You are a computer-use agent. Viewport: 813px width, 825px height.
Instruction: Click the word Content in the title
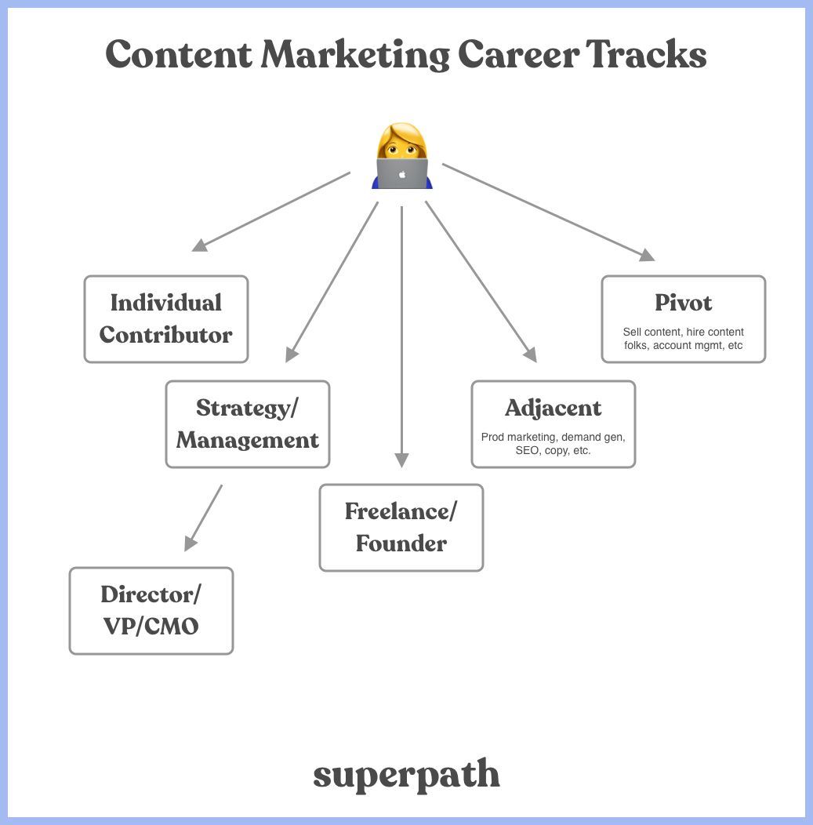(x=179, y=54)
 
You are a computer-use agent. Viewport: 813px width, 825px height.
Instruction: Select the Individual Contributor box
(x=166, y=319)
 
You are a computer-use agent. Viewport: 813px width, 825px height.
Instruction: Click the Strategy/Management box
(x=248, y=424)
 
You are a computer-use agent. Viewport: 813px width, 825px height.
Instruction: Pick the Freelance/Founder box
(x=401, y=528)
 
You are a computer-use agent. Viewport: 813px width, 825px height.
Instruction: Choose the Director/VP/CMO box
(x=151, y=611)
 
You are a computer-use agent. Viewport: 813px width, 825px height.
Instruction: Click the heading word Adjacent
(x=553, y=409)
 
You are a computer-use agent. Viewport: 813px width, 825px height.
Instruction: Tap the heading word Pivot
(x=683, y=303)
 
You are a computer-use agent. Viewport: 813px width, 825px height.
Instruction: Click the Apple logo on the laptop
(x=402, y=174)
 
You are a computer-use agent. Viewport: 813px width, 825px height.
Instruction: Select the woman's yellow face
(x=402, y=147)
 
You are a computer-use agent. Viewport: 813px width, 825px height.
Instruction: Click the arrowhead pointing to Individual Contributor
(x=201, y=245)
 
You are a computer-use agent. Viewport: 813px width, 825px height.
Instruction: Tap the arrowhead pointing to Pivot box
(x=647, y=255)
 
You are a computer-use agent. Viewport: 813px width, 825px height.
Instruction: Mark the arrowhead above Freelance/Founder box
(x=401, y=460)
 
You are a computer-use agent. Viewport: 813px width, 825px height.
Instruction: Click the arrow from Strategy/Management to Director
(x=203, y=518)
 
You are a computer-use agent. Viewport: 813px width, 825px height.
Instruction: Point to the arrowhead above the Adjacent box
(x=530, y=354)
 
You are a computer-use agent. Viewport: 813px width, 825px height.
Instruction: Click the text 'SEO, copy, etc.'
(x=553, y=450)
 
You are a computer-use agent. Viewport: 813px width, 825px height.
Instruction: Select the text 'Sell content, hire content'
(x=683, y=332)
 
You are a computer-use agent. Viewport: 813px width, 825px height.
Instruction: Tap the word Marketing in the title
(x=355, y=55)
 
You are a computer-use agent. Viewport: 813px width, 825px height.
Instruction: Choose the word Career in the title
(x=518, y=54)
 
